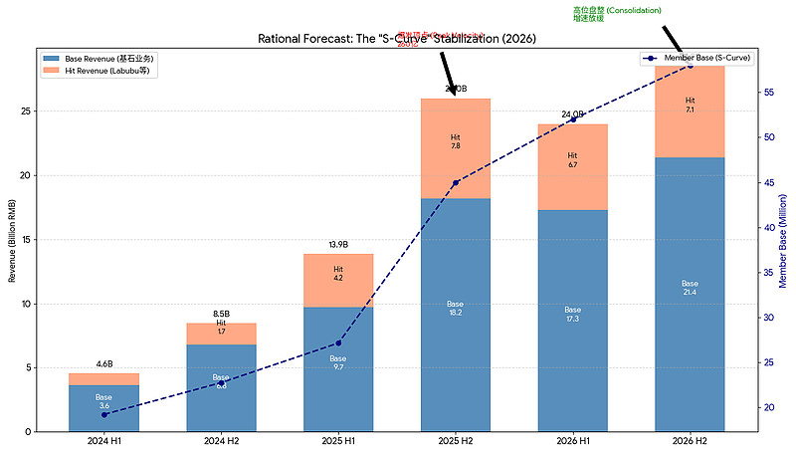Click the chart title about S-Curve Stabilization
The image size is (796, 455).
pos(397,39)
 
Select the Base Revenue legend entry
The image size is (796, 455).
pos(99,59)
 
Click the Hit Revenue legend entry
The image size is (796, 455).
pos(99,71)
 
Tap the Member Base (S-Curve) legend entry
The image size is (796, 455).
pos(700,59)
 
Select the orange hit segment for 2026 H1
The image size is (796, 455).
pos(572,167)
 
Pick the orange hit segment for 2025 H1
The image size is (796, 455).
pos(338,281)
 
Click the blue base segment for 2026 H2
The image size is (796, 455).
pos(690,294)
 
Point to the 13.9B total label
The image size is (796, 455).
pos(338,245)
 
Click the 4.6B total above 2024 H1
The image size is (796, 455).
pos(103,364)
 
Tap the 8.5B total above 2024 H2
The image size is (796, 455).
pos(221,314)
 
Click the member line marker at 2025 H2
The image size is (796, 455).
pos(455,183)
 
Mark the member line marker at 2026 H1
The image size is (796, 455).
pos(572,119)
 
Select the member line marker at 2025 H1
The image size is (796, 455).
pos(338,342)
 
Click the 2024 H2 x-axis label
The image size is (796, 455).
pos(221,441)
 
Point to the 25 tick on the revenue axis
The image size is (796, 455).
pos(26,112)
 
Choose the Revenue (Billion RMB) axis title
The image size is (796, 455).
pos(11,239)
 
